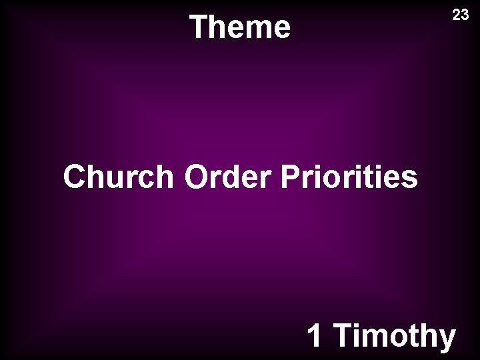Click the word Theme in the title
pos(240,27)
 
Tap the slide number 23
pos(461,15)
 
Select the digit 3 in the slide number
pos(465,15)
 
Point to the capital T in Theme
pos(198,27)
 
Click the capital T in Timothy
pos(343,335)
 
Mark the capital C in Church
pos(75,178)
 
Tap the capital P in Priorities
pos(291,178)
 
